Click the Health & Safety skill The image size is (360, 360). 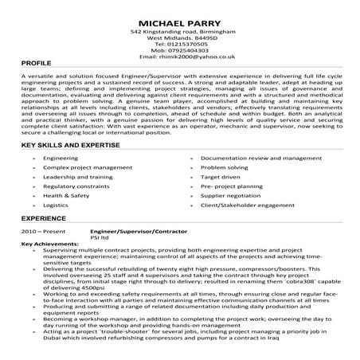(66, 194)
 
